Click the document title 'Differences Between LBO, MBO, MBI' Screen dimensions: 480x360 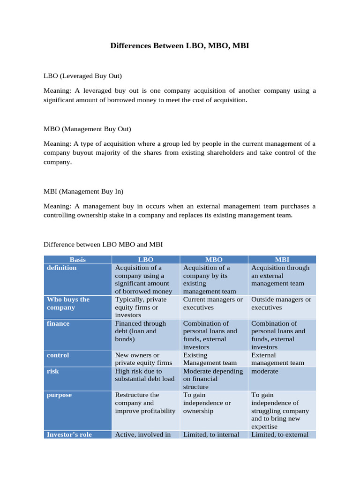click(x=180, y=46)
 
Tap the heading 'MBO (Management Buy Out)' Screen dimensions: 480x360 click(x=87, y=128)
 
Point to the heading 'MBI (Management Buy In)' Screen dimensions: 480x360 click(x=83, y=191)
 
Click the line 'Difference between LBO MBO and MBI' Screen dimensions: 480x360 click(x=103, y=244)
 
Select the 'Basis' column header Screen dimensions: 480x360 click(x=78, y=259)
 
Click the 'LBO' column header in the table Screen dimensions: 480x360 click(x=145, y=259)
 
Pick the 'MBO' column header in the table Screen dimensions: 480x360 click(x=214, y=259)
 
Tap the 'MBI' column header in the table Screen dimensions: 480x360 click(x=282, y=259)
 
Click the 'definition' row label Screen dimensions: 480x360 click(x=62, y=268)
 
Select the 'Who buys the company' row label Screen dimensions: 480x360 click(x=68, y=303)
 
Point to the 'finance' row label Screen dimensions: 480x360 click(x=58, y=323)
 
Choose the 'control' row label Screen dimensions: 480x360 click(x=58, y=355)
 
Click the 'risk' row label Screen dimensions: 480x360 click(x=53, y=371)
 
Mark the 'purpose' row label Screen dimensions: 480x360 click(x=60, y=395)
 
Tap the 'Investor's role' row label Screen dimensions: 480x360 click(x=69, y=435)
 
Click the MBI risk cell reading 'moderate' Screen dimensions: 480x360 click(x=265, y=371)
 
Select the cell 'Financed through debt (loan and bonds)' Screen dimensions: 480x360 click(x=140, y=331)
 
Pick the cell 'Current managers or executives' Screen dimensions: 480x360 click(x=213, y=303)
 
